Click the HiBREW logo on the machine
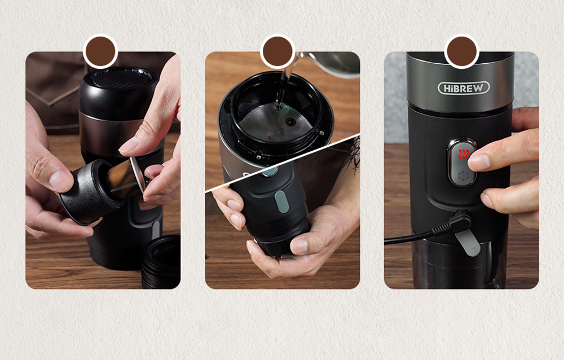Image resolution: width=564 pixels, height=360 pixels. point(463,88)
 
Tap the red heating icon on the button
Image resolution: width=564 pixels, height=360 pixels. point(464,155)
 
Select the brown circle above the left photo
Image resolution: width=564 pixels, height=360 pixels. point(100,51)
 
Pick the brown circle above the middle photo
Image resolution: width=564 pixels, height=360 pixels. point(277,51)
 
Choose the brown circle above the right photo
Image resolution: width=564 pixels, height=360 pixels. point(462,51)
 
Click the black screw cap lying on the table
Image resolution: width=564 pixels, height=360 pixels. point(161,261)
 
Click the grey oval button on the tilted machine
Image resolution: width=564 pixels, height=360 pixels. point(281,201)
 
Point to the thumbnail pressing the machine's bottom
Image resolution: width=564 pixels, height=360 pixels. point(299,246)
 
